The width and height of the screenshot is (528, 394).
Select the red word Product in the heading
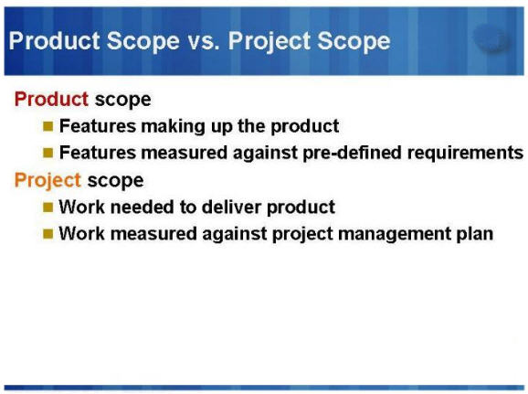(x=51, y=99)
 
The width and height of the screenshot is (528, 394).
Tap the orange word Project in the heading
(x=48, y=180)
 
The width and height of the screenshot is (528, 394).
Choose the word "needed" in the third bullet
(x=136, y=208)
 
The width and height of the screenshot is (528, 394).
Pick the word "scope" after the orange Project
(x=115, y=180)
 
